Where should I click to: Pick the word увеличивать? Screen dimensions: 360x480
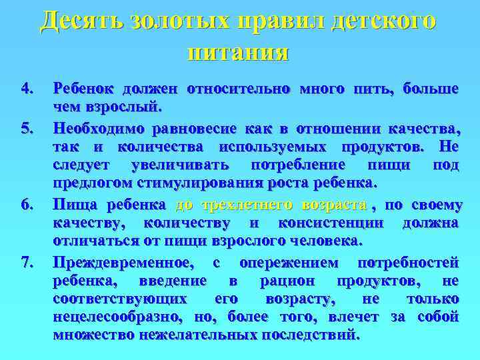183,164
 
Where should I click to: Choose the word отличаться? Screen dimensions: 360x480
96,240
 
